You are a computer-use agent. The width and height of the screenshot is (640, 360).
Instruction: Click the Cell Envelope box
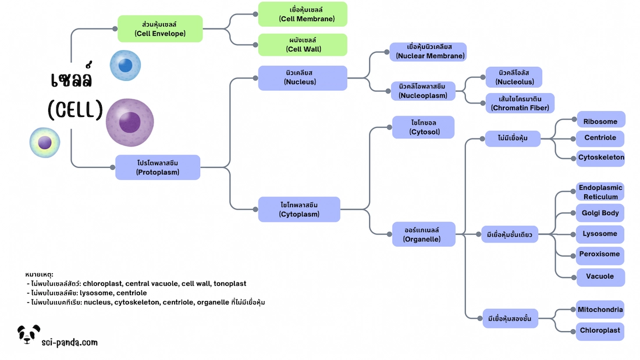pyautogui.click(x=160, y=28)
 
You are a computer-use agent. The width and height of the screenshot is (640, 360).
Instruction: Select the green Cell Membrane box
pyautogui.click(x=303, y=14)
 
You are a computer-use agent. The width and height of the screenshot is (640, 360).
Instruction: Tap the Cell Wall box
pyautogui.click(x=303, y=45)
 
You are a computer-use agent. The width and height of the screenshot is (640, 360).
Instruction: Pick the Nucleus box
pyautogui.click(x=303, y=78)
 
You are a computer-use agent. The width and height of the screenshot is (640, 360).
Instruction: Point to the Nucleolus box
pyautogui.click(x=514, y=77)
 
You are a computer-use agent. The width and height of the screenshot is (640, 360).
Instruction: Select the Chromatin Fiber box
pyautogui.click(x=520, y=103)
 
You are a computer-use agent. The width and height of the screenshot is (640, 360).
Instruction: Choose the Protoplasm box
pyautogui.click(x=158, y=167)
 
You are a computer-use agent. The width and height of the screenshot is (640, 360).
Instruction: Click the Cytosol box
pyautogui.click(x=424, y=127)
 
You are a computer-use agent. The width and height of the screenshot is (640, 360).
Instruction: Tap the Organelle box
pyautogui.click(x=423, y=234)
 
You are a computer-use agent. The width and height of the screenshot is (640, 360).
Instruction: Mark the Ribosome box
pyautogui.click(x=601, y=122)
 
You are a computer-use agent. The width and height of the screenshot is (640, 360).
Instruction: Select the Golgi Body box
pyautogui.click(x=600, y=213)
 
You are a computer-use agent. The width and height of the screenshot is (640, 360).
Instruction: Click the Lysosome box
pyautogui.click(x=600, y=234)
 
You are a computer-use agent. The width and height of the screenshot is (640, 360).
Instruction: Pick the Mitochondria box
pyautogui.click(x=600, y=309)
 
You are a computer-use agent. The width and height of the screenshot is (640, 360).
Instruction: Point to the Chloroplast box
pyautogui.click(x=600, y=330)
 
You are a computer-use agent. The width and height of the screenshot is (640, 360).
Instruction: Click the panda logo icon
pyautogui.click(x=28, y=334)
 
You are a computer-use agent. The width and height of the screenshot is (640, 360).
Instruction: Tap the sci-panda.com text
pyautogui.click(x=69, y=343)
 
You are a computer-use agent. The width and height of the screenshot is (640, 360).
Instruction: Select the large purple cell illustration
pyautogui.click(x=130, y=123)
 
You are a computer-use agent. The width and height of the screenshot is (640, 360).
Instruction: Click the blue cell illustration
pyautogui.click(x=126, y=65)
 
